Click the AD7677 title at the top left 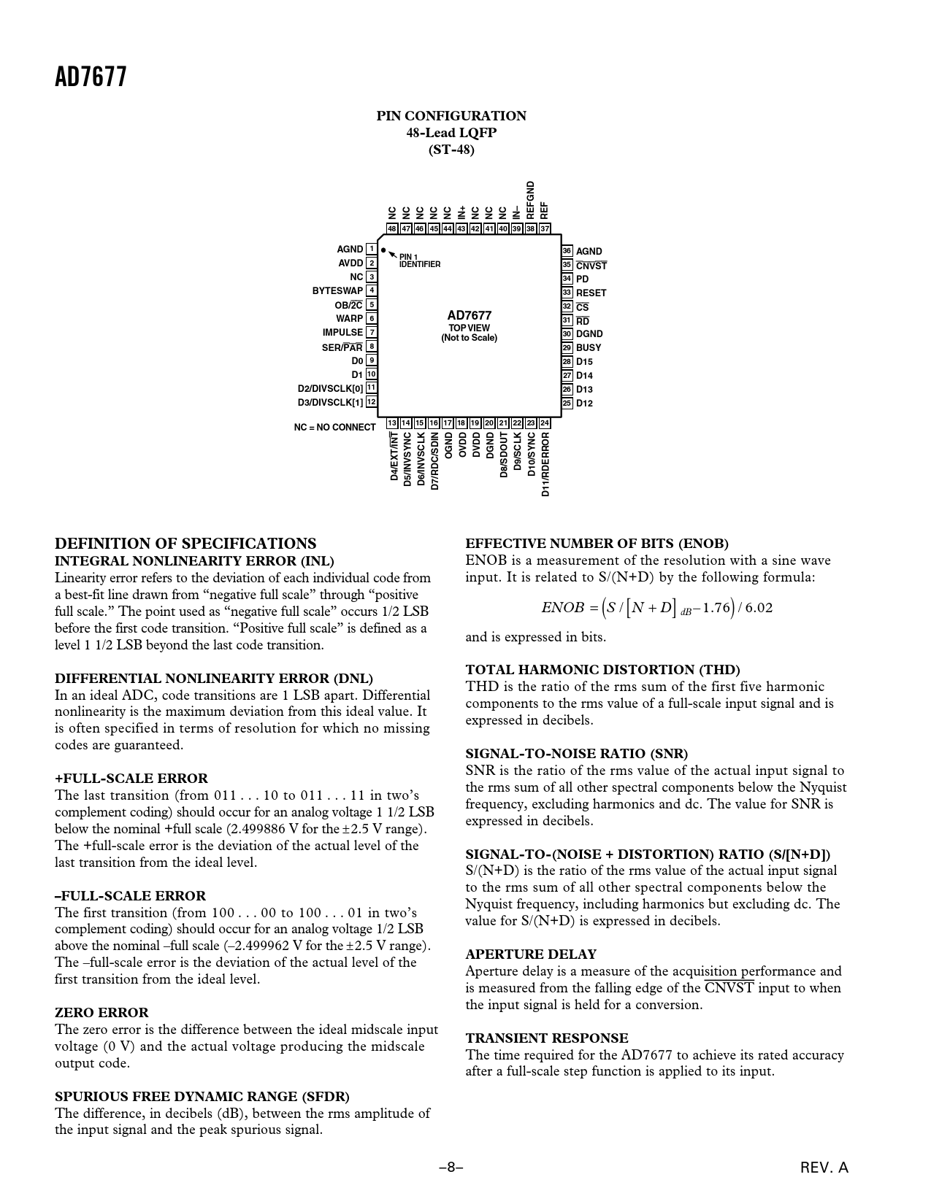(91, 77)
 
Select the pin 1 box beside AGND (372, 250)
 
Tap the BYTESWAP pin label (337, 291)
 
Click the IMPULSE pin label (342, 333)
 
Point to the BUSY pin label (589, 348)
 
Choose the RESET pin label (591, 293)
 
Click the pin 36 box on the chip (567, 251)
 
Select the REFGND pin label (531, 200)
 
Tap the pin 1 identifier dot (383, 250)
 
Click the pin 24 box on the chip (545, 423)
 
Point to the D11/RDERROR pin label (545, 464)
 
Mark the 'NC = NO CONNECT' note (334, 428)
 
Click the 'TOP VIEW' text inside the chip (469, 328)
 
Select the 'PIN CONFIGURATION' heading (451, 116)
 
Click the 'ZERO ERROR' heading (101, 1013)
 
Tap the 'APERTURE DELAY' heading (531, 954)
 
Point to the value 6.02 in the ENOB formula (759, 608)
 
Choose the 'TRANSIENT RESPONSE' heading (547, 1038)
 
